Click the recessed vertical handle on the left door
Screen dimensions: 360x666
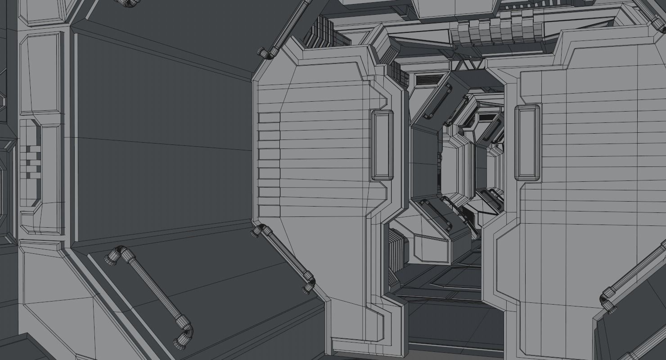coord(382,145)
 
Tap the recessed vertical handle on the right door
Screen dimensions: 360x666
coord(527,143)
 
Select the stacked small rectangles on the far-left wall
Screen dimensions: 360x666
coord(33,161)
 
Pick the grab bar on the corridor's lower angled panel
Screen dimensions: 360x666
coord(436,214)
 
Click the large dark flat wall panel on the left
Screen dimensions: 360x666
coord(162,139)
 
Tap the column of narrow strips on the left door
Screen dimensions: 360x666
coord(269,164)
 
